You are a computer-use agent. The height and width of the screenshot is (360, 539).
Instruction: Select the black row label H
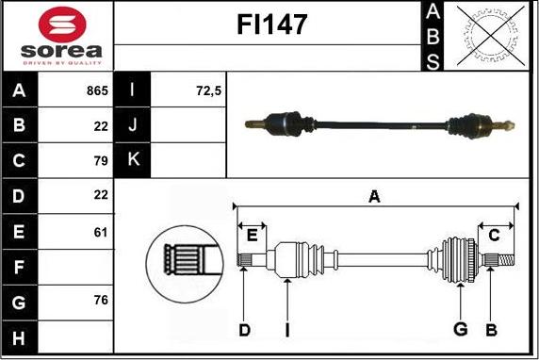[20, 335]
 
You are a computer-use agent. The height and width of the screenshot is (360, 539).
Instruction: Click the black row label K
[132, 160]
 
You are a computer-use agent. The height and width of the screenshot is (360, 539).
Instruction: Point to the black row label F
[20, 266]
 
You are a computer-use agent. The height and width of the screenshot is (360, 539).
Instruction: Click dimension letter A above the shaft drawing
[374, 196]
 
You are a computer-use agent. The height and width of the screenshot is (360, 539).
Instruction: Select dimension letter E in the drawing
[252, 235]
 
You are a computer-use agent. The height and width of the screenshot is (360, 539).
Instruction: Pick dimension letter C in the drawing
[494, 235]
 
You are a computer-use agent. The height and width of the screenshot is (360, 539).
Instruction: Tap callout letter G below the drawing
[460, 328]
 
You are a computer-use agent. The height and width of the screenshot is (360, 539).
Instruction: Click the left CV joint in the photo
[286, 122]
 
